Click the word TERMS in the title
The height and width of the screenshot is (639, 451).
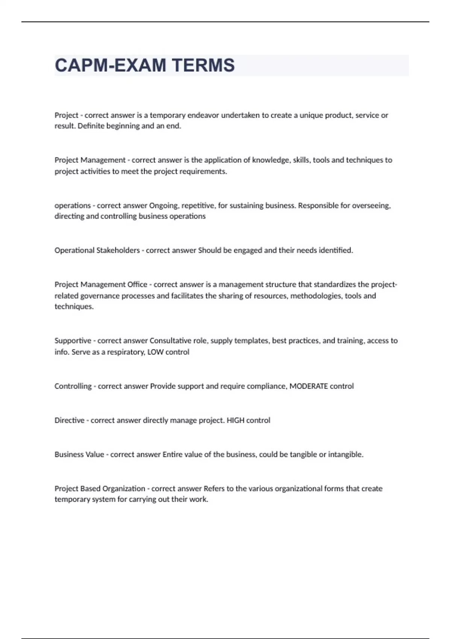pyautogui.click(x=203, y=65)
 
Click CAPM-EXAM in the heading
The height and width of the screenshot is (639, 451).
pyautogui.click(x=110, y=65)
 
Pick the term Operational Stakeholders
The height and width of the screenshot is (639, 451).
pyautogui.click(x=97, y=250)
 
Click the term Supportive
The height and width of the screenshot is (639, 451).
pyautogui.click(x=73, y=341)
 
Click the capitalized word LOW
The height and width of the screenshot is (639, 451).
pyautogui.click(x=155, y=352)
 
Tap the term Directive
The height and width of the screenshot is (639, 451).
pyautogui.click(x=70, y=420)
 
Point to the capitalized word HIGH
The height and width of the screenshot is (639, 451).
pyautogui.click(x=236, y=420)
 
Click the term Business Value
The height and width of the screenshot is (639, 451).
pyautogui.click(x=79, y=454)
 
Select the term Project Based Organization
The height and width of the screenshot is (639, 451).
pyautogui.click(x=100, y=489)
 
